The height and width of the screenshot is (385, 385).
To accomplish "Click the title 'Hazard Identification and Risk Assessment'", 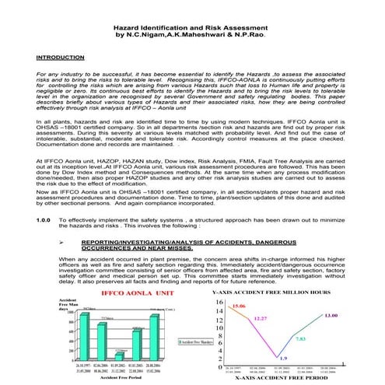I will tap(192, 27).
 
